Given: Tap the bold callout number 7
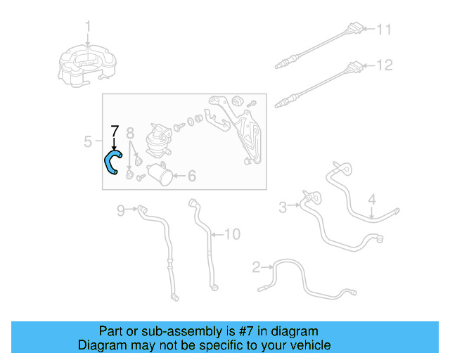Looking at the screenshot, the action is point(115,131).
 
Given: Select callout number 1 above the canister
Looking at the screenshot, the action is point(88,27).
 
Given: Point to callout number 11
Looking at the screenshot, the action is point(384,30).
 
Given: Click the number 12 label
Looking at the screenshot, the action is point(385,65).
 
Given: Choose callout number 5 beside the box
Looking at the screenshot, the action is point(88,141).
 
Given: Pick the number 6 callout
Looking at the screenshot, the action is point(192,176).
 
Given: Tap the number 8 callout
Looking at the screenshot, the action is point(130,133).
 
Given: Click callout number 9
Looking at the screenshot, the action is point(121,210).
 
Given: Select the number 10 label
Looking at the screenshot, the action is point(233,234).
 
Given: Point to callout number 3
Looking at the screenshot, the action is point(283,207).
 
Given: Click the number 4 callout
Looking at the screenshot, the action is point(372,200).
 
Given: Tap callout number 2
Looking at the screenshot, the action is point(256,267).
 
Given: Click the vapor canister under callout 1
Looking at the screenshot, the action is point(87,66).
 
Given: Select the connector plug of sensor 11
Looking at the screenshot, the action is point(354,28).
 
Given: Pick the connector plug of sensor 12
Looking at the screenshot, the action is point(354,67).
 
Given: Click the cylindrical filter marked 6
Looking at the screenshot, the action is point(160,174).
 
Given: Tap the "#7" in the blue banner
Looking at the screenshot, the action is point(246,331).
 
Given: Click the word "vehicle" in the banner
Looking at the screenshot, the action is point(314,345).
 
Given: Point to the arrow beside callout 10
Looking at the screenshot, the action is point(217,235).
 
